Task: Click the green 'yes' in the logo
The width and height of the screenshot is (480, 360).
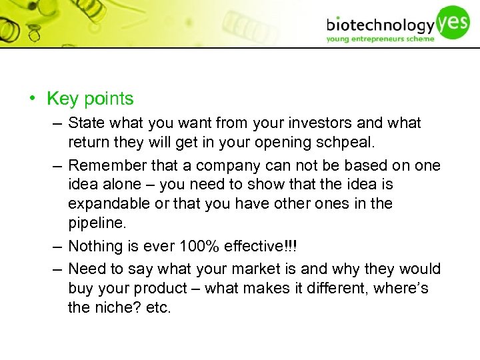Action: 454,21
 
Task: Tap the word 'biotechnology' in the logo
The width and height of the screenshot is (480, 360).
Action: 380,25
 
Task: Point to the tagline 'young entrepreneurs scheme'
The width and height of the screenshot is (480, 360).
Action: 380,39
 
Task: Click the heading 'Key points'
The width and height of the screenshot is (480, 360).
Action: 90,99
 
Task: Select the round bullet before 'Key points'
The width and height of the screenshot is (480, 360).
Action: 31,99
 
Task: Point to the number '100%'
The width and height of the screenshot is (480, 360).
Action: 199,246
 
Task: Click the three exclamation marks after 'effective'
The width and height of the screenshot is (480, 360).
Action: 292,246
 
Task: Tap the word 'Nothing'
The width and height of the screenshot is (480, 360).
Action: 96,246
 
